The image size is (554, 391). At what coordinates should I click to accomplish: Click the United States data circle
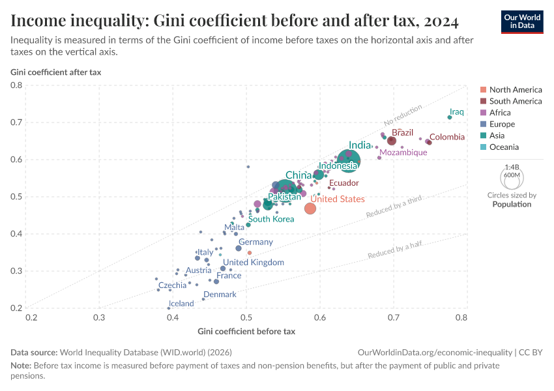(x=310, y=209)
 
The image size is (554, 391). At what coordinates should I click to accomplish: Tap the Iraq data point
(x=450, y=117)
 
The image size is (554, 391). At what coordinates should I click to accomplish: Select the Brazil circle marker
(x=392, y=141)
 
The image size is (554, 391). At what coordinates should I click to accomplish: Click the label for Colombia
(x=447, y=137)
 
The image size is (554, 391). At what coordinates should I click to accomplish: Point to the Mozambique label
(x=403, y=152)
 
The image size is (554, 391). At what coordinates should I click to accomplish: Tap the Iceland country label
(x=181, y=304)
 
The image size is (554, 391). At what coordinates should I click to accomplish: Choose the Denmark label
(x=220, y=295)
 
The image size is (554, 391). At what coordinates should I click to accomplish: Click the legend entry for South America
(x=515, y=101)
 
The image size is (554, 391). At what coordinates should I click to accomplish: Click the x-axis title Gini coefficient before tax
(x=246, y=331)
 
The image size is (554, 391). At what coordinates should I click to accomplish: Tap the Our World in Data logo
(x=523, y=21)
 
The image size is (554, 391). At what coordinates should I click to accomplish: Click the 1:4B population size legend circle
(x=512, y=176)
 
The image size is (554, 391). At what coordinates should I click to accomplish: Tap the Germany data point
(x=239, y=248)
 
